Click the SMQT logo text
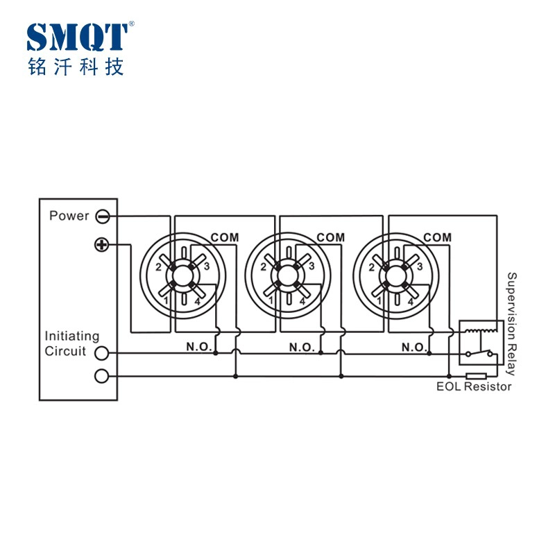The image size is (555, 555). [x=77, y=37]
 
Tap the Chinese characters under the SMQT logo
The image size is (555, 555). [x=76, y=67]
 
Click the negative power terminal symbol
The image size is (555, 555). [x=103, y=216]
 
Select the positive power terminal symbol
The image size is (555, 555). [x=101, y=245]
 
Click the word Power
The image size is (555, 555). [x=69, y=216]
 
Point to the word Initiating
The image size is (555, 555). [x=72, y=336]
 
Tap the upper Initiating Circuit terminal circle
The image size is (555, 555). [x=101, y=353]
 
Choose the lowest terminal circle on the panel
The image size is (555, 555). [x=101, y=376]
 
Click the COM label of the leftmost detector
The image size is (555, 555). [x=225, y=237]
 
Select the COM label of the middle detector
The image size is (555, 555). [x=331, y=237]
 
